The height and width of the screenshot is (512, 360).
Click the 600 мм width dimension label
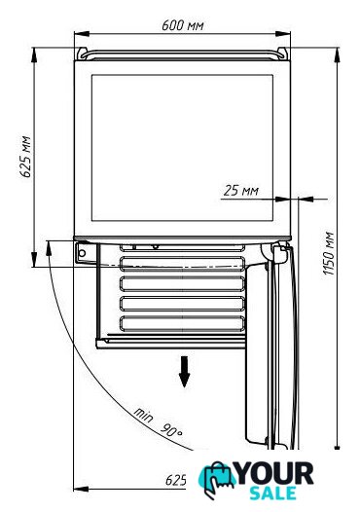(183, 25)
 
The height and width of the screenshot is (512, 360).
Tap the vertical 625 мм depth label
(26, 157)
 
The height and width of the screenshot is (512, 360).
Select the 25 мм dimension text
(241, 191)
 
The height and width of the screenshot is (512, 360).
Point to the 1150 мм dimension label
(329, 253)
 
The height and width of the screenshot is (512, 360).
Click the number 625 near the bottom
(176, 480)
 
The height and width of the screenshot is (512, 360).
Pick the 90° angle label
(171, 430)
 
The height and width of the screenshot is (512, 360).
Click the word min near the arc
(143, 415)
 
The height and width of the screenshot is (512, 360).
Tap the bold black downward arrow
(185, 372)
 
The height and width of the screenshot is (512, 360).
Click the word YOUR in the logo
(274, 473)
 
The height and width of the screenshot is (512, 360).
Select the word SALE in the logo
(272, 493)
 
